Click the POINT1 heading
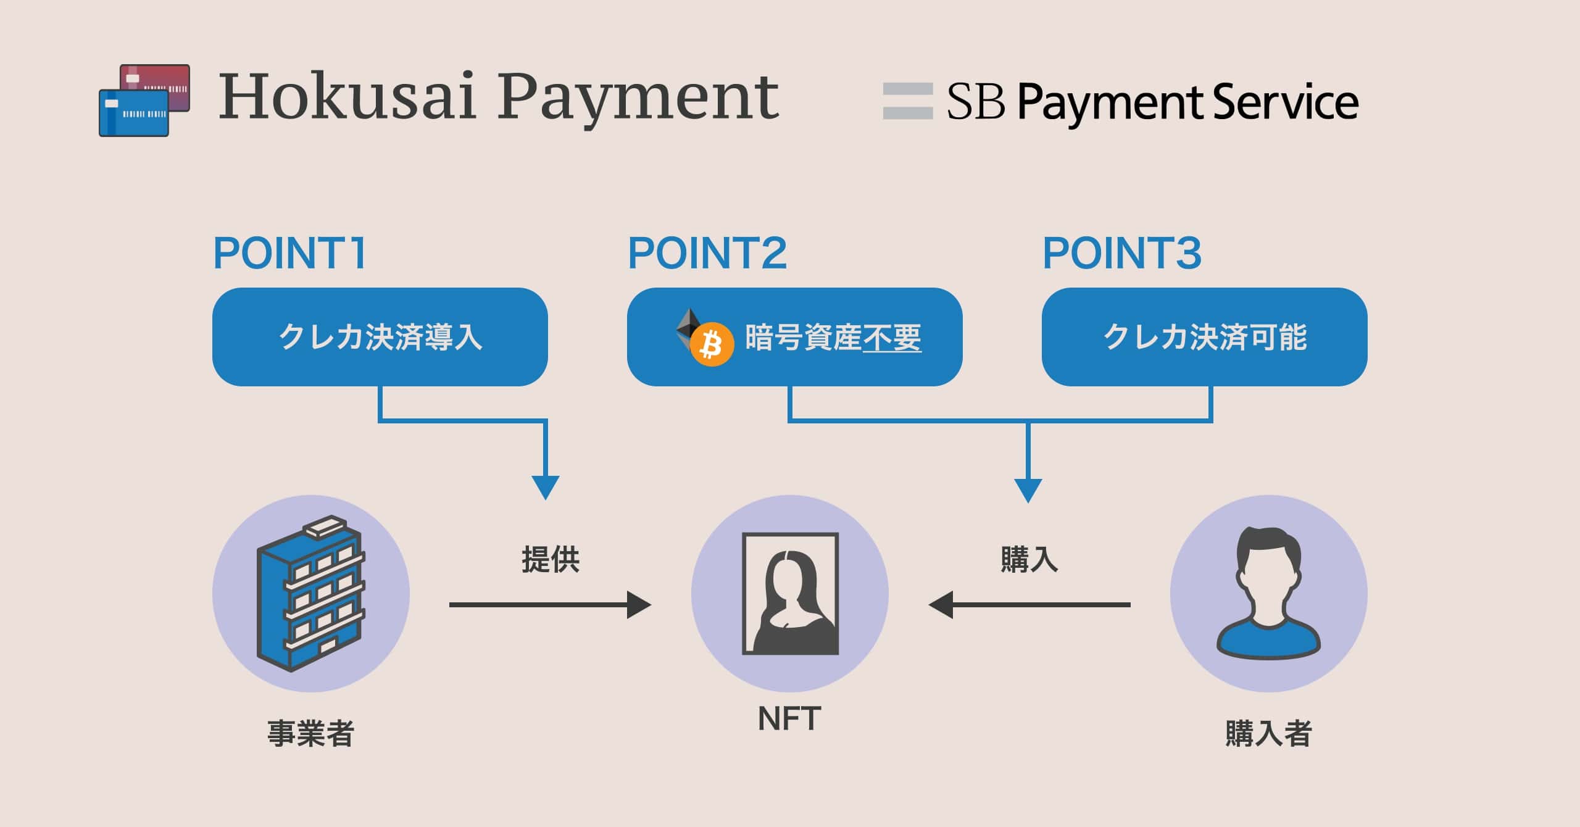coord(289,253)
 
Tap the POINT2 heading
coord(707,253)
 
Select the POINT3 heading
coord(1121,253)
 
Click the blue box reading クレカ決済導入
coord(380,337)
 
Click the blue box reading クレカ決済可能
coord(1204,337)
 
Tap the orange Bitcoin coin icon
coord(711,345)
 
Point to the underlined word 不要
coord(892,338)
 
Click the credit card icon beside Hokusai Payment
coord(144,100)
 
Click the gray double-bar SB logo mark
coord(907,101)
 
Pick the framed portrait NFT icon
coord(790,594)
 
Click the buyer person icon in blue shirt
coord(1268,594)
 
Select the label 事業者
coord(310,734)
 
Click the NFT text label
coord(789,718)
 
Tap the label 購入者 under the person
coord(1268,734)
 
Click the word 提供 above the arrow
coord(550,560)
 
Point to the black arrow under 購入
coord(1029,605)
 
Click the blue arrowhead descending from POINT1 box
coord(546,486)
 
